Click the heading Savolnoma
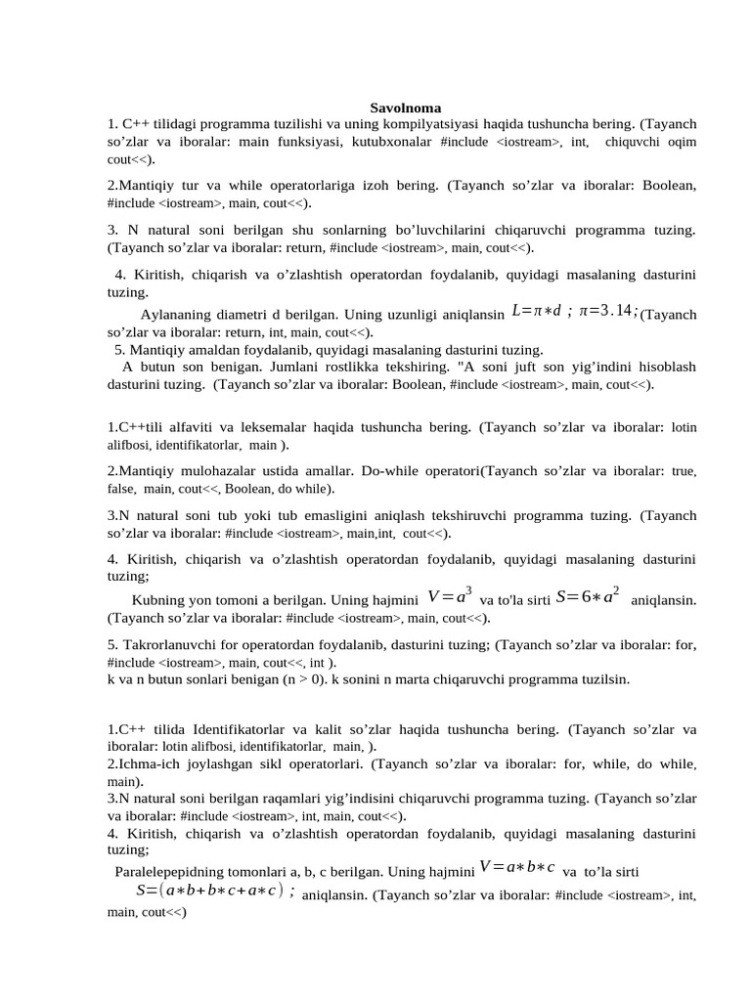[406, 108]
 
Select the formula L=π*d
[536, 311]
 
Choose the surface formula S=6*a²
[586, 597]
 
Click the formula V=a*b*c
[517, 866]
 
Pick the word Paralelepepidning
[176, 871]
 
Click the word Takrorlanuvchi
[172, 644]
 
